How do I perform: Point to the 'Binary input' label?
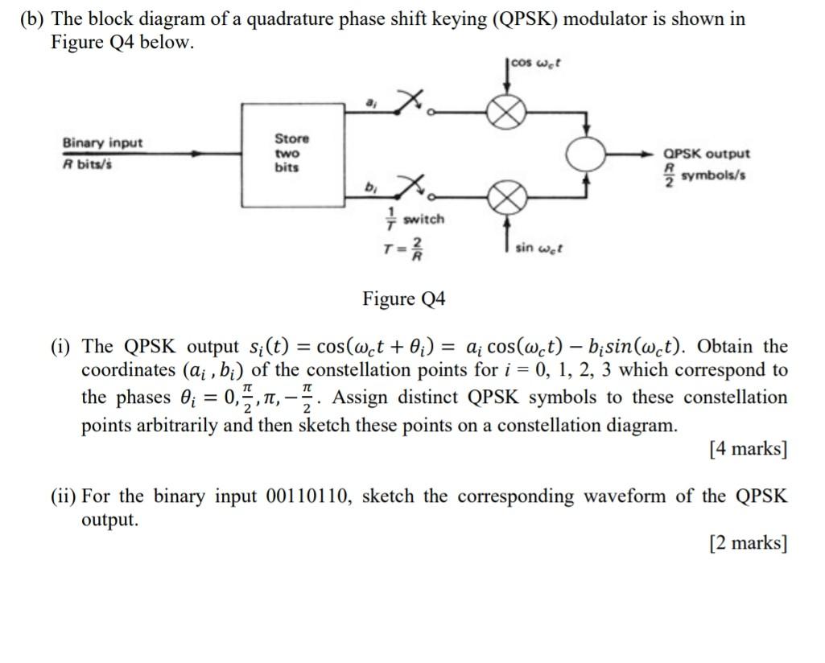(102, 142)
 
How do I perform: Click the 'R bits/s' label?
(89, 163)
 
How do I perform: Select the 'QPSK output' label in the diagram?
(707, 153)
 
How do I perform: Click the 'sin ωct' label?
(538, 249)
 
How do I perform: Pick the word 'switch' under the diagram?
(423, 219)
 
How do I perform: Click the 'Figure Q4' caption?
(404, 299)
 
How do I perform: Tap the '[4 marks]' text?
(748, 449)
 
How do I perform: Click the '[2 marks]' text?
(748, 543)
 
